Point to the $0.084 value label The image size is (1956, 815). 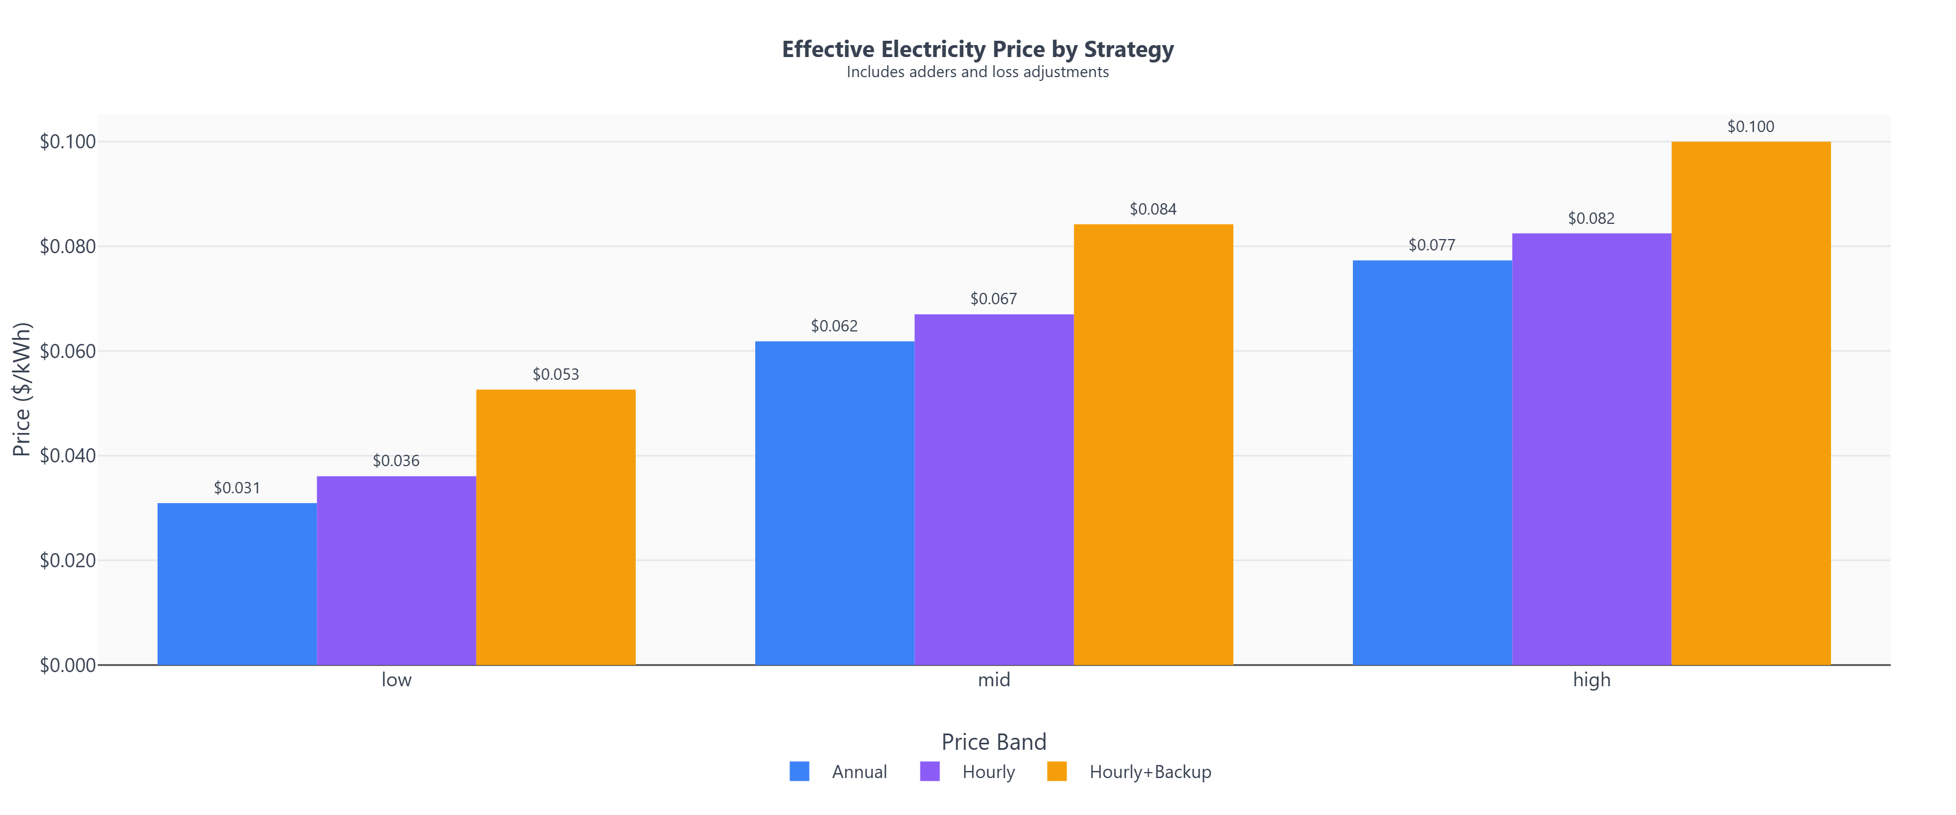tap(1152, 209)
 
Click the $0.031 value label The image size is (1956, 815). tap(237, 487)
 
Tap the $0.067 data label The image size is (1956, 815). tap(993, 298)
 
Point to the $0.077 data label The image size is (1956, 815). tap(1431, 244)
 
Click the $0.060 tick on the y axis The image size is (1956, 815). tap(67, 351)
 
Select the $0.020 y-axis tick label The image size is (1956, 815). tap(67, 561)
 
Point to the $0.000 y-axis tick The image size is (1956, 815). tap(67, 666)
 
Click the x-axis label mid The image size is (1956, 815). tap(993, 680)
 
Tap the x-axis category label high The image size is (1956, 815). tap(1591, 680)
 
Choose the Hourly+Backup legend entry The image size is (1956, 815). tap(1150, 772)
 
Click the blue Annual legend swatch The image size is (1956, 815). tap(799, 772)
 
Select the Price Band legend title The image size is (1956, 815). tap(993, 741)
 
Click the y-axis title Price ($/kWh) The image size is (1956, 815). tap(21, 390)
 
